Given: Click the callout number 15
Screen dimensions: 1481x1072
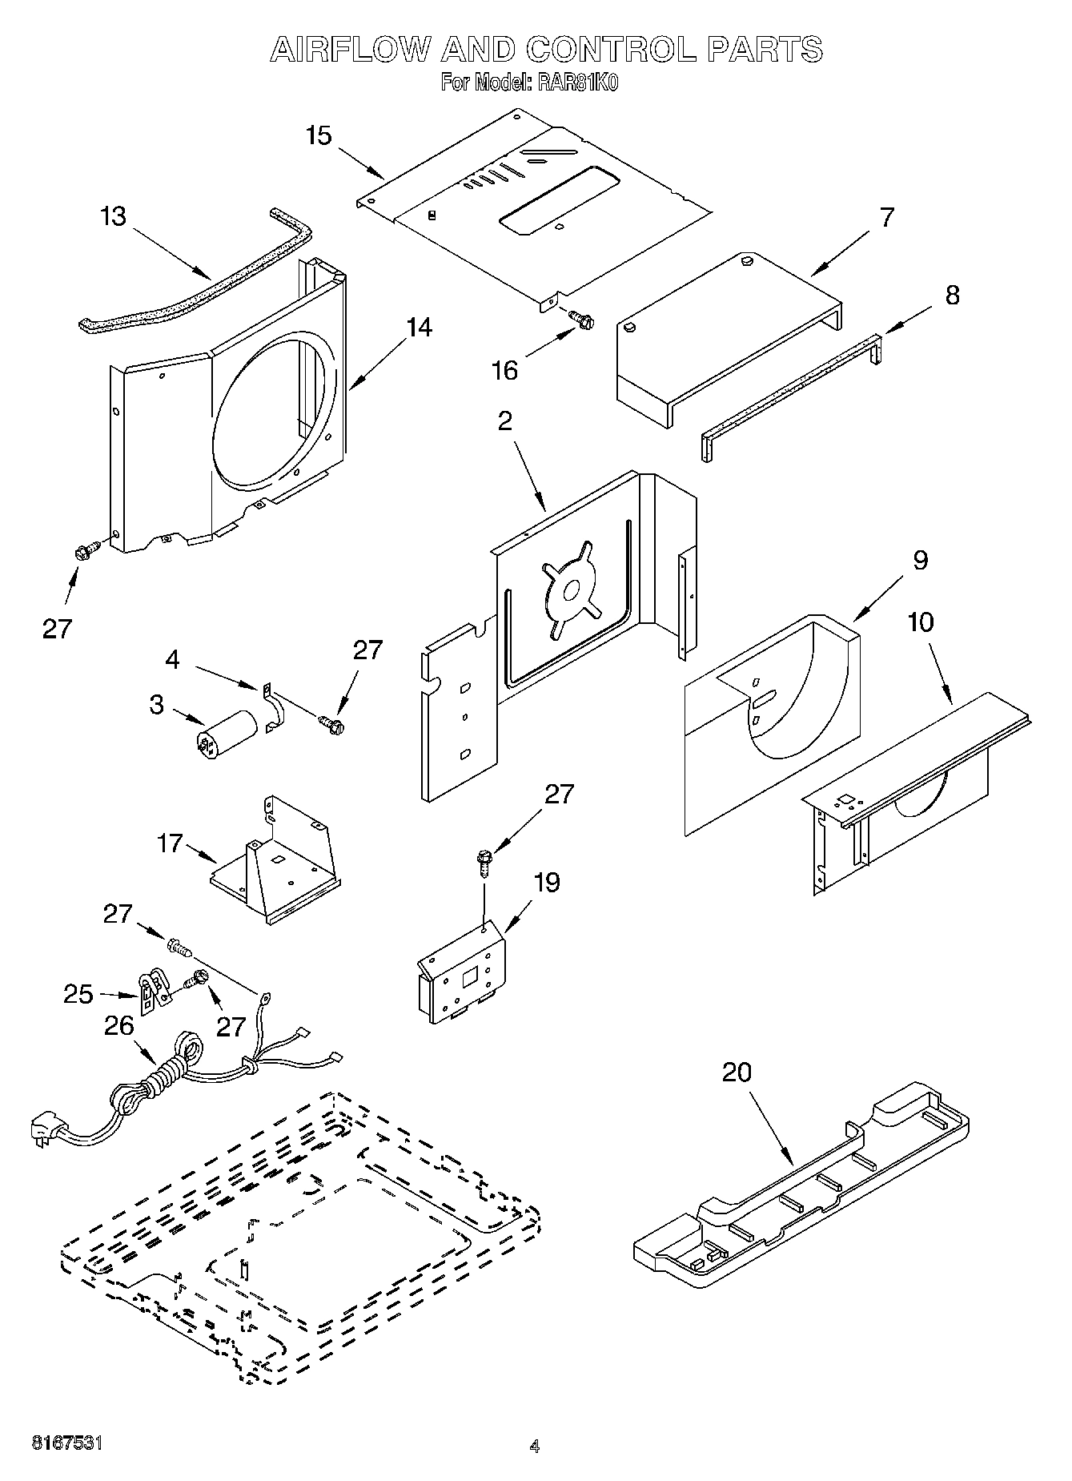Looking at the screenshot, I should click(x=319, y=135).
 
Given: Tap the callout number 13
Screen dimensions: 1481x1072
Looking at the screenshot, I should click(x=114, y=216).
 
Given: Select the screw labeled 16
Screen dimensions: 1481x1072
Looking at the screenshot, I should click(x=581, y=320).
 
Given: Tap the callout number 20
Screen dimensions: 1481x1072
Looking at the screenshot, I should click(x=737, y=1072).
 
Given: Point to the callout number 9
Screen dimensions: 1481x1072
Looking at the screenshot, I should click(x=921, y=560).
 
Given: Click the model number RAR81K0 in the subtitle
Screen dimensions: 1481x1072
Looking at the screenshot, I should click(x=578, y=83).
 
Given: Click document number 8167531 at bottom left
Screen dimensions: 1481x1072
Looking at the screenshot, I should click(x=66, y=1443).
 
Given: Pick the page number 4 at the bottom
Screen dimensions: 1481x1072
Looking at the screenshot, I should click(x=534, y=1447).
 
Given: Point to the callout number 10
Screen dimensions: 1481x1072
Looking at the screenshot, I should click(x=921, y=622).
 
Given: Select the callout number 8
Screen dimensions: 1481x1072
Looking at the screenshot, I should click(x=951, y=295).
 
